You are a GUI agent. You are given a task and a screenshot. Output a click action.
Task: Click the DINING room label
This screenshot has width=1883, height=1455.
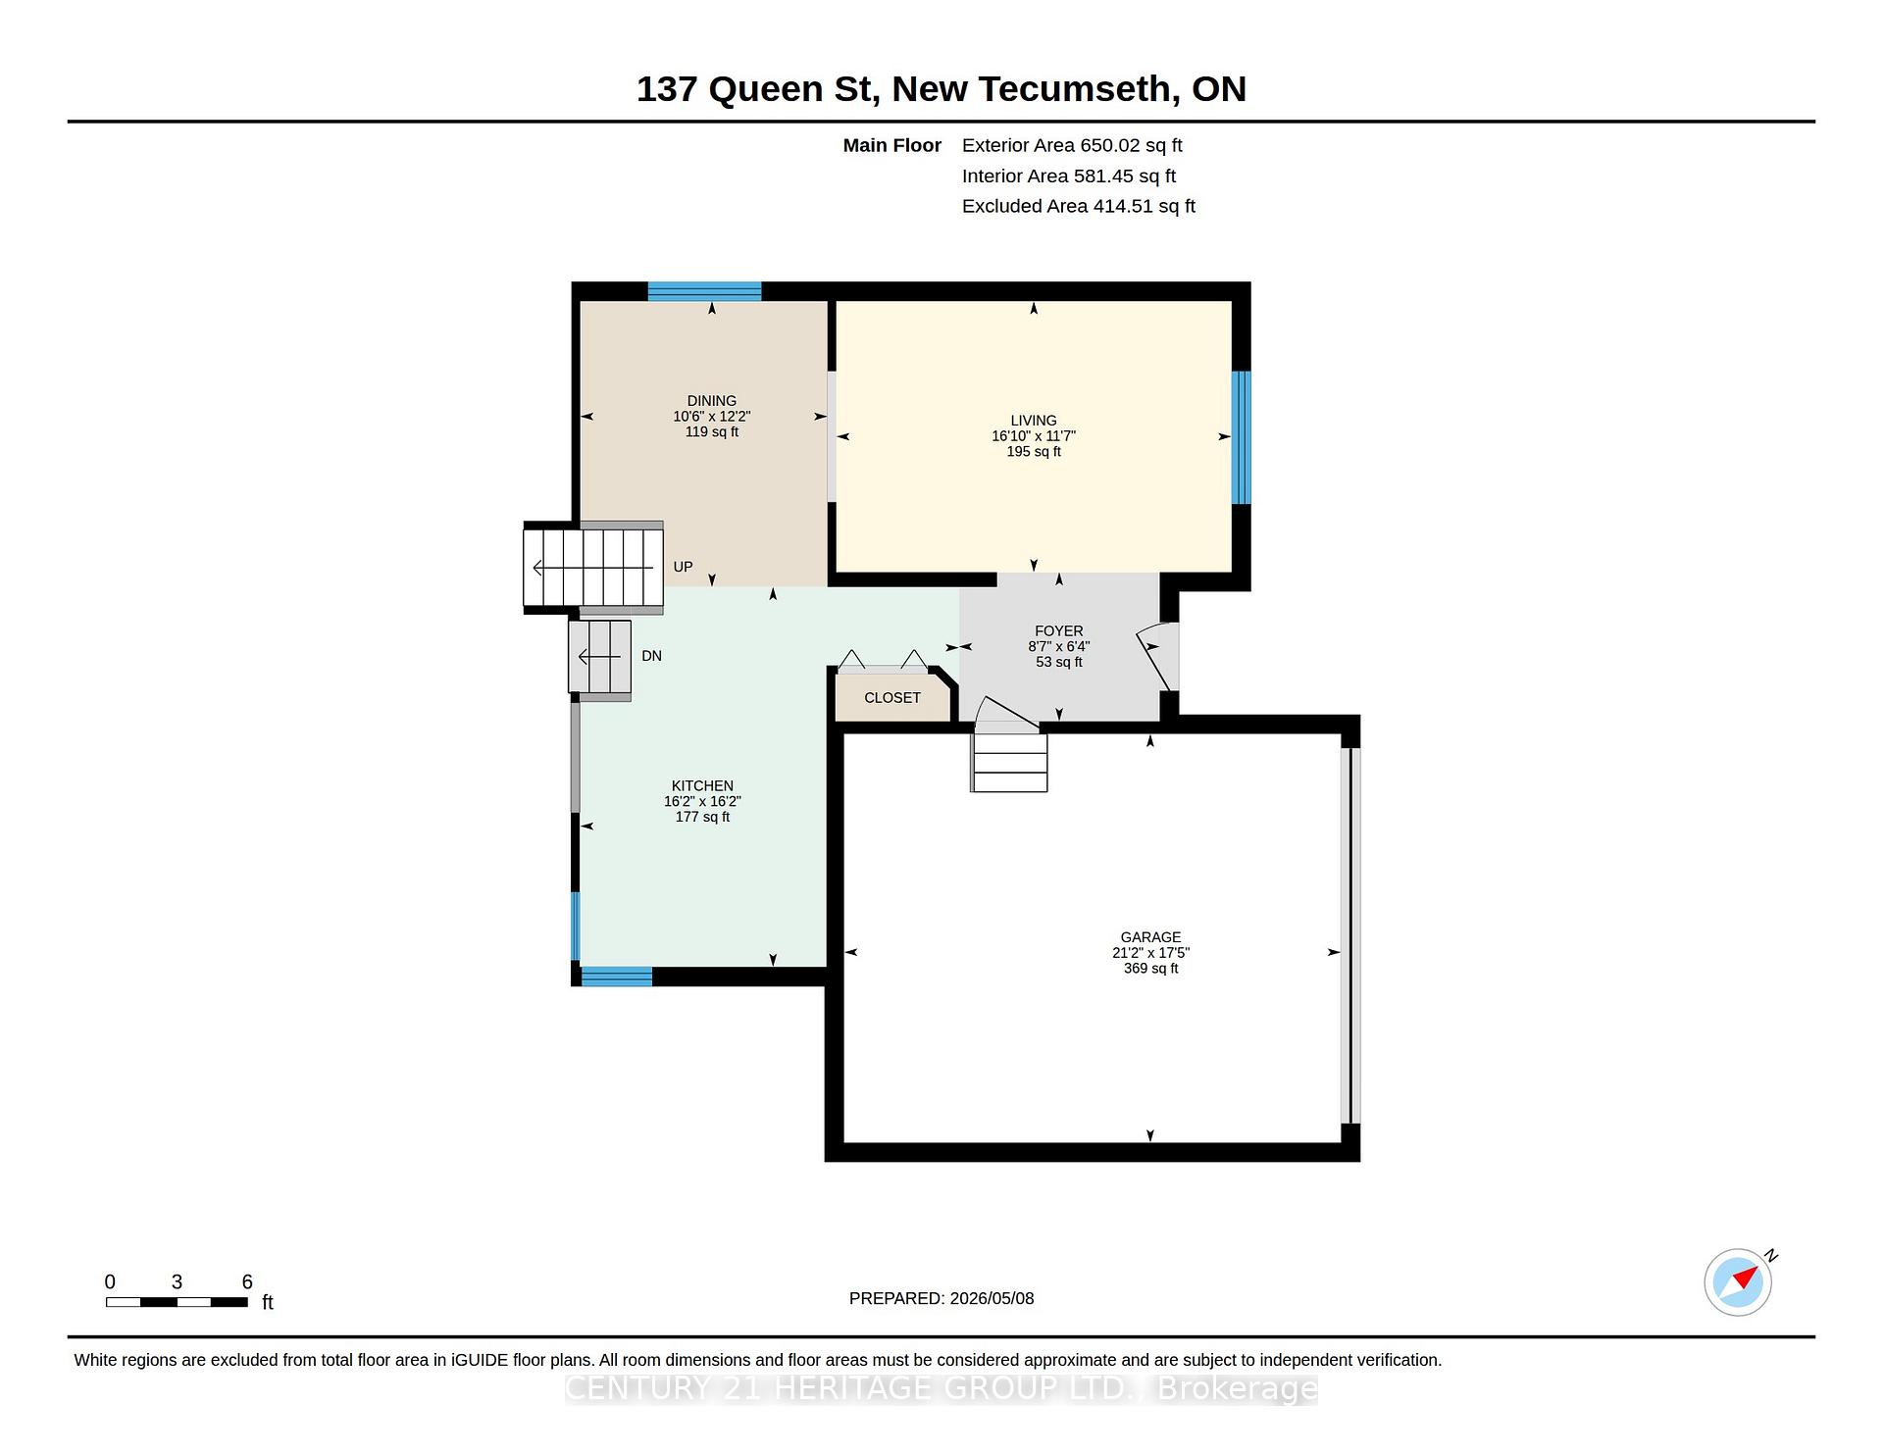(711, 401)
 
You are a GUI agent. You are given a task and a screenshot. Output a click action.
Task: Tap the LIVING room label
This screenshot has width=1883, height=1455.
(1034, 421)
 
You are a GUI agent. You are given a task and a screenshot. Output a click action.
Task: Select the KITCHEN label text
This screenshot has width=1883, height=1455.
(702, 786)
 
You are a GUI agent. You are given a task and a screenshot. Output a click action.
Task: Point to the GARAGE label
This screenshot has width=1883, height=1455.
(1150, 937)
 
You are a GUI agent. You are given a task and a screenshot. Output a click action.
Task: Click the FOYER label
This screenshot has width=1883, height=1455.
(1059, 631)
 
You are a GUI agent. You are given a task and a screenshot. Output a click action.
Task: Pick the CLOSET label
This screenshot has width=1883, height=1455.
(892, 698)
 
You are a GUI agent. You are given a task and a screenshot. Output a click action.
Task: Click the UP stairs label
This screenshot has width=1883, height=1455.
(683, 567)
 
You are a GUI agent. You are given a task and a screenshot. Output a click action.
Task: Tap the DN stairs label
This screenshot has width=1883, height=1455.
(651, 656)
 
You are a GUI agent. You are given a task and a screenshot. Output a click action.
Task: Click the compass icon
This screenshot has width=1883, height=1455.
(1738, 1282)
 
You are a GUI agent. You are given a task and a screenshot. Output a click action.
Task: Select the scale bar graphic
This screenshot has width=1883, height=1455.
(177, 1302)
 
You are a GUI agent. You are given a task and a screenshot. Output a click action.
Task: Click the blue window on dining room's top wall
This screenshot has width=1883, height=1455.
(704, 291)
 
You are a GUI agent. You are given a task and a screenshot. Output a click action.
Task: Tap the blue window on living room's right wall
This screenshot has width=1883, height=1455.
(1242, 437)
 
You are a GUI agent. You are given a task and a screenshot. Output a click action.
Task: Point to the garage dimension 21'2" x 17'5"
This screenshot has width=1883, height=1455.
(1150, 953)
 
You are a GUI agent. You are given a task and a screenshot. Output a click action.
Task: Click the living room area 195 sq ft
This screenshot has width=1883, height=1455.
(1034, 452)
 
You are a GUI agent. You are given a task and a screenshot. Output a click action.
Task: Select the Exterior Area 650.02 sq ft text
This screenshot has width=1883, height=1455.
(1072, 146)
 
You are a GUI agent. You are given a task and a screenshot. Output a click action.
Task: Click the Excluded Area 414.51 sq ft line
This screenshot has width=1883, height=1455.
(1079, 207)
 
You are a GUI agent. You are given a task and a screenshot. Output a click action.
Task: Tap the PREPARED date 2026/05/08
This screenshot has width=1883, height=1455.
(992, 1298)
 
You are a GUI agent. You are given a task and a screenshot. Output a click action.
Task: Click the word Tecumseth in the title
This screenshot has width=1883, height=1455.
(1074, 89)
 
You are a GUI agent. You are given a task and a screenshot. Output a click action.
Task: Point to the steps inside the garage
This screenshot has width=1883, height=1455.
(1009, 762)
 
